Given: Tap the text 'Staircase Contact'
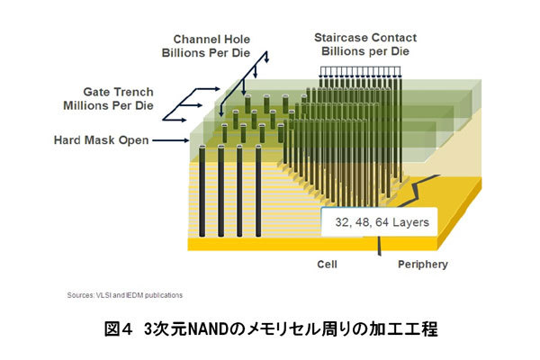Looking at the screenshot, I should point(364,38).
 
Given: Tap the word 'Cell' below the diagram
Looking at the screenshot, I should point(327,265).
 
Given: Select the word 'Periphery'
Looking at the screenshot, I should point(422,265).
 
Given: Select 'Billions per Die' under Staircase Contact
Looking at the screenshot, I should point(364,51).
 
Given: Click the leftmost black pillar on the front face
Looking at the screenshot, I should point(201,193).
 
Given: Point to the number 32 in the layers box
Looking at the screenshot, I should point(340,221).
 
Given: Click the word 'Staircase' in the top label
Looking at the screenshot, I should point(339,38).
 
